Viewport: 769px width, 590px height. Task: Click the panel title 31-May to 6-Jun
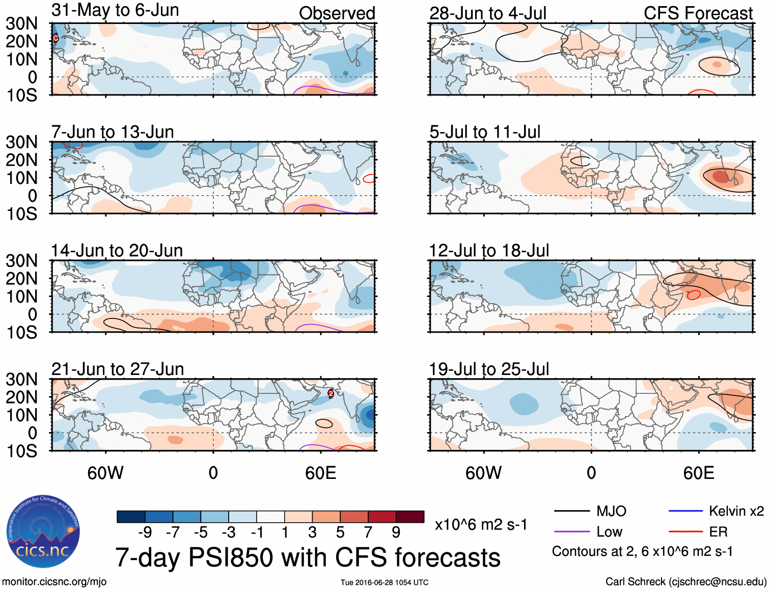click(x=115, y=10)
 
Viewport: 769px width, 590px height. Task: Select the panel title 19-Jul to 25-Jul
click(x=489, y=369)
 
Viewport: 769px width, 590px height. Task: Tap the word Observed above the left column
click(x=337, y=13)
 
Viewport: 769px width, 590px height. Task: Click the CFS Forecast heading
click(x=698, y=13)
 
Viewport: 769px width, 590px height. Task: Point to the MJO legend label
click(x=611, y=511)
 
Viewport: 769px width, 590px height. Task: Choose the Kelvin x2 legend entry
click(x=736, y=511)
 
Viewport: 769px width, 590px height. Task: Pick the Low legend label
click(x=609, y=532)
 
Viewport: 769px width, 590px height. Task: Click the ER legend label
click(x=718, y=532)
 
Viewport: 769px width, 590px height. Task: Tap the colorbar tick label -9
click(x=145, y=532)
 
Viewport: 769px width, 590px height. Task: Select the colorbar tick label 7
click(x=368, y=532)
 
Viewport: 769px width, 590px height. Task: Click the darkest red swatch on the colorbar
click(x=410, y=517)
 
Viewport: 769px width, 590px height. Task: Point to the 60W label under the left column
click(x=105, y=473)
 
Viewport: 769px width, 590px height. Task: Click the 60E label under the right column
click(x=698, y=473)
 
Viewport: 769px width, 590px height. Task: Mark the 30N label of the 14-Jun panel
click(x=21, y=261)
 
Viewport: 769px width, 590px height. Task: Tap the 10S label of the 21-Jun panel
click(x=21, y=451)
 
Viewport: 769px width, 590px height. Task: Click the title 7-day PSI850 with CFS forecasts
click(x=308, y=557)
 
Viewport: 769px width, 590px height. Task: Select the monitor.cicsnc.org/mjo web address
click(x=54, y=582)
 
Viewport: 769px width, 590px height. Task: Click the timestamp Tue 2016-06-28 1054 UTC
click(x=384, y=582)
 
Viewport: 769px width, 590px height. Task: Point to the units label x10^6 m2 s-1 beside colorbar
click(x=481, y=525)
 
